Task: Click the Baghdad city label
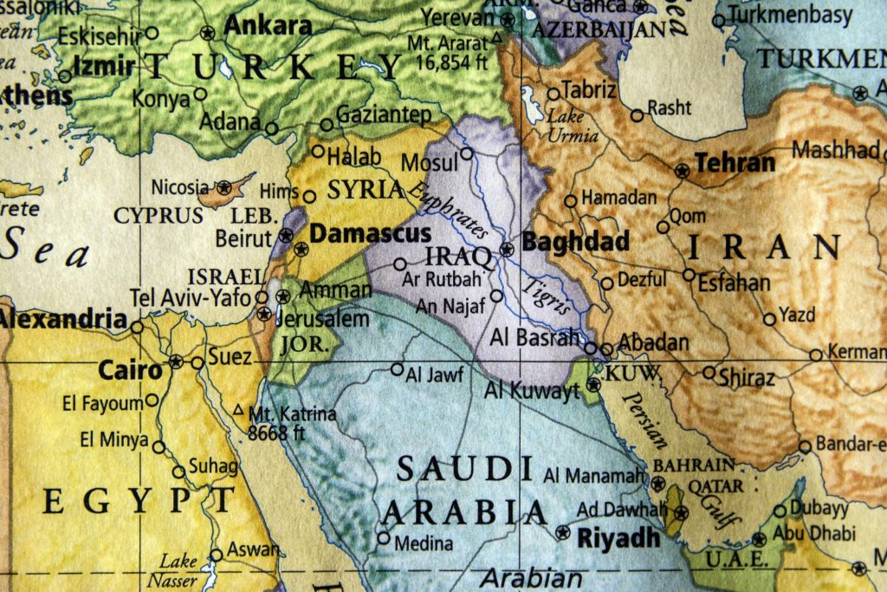(x=575, y=242)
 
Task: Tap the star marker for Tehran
(x=683, y=171)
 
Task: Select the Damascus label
(x=370, y=233)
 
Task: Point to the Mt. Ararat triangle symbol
(x=496, y=37)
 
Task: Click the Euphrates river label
(x=449, y=211)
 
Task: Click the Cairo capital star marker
(x=177, y=361)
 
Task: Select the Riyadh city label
(x=618, y=537)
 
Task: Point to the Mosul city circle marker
(x=467, y=153)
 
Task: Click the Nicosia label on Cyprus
(x=180, y=187)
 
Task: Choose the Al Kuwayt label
(x=532, y=391)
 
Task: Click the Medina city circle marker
(x=383, y=537)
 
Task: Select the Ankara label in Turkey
(x=268, y=26)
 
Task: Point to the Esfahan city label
(x=733, y=283)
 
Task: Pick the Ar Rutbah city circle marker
(x=399, y=264)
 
